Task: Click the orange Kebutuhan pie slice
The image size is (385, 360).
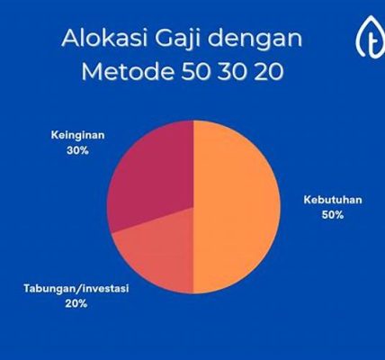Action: click(x=237, y=207)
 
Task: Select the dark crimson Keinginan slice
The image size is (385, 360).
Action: click(x=153, y=174)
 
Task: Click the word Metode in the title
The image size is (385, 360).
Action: click(x=128, y=71)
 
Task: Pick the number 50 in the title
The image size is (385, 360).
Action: click(x=195, y=72)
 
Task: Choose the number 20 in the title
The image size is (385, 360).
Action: click(x=268, y=72)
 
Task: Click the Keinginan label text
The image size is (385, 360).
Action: click(x=78, y=136)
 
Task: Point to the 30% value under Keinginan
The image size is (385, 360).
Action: click(x=77, y=150)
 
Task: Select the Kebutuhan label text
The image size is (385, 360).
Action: click(x=333, y=200)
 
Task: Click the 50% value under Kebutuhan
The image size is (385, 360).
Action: click(x=333, y=215)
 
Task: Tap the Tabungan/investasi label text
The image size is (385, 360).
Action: click(x=76, y=289)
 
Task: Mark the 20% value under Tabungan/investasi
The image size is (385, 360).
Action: click(x=76, y=304)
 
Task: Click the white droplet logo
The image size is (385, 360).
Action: click(x=371, y=37)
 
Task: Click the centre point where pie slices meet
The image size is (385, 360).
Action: click(x=193, y=207)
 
